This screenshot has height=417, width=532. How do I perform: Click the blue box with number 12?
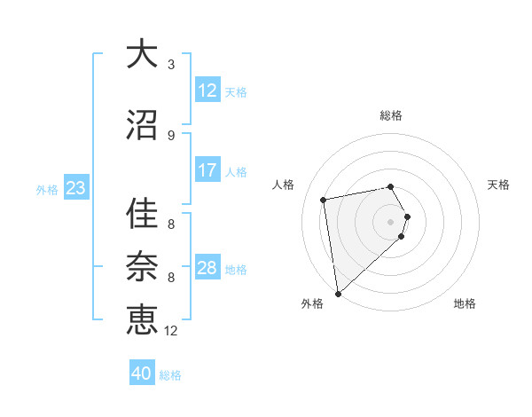(x=207, y=90)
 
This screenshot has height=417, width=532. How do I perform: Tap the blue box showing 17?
(x=207, y=170)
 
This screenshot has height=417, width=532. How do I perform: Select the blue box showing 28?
(x=207, y=268)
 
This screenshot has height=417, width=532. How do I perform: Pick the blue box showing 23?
(x=75, y=188)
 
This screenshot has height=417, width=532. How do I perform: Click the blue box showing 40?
(x=142, y=374)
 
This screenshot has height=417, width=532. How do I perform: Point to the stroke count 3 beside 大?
(x=171, y=65)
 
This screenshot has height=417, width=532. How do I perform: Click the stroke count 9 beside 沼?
(x=171, y=135)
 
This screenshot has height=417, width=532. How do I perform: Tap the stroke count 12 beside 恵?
(x=171, y=330)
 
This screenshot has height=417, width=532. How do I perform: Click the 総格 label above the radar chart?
(x=391, y=115)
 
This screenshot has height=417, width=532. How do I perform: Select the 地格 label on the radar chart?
(x=465, y=303)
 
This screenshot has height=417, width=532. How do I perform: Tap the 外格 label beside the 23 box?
(x=47, y=189)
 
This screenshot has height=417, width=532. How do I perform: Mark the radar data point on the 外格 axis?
(x=338, y=293)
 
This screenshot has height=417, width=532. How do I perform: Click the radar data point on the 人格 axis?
(x=324, y=200)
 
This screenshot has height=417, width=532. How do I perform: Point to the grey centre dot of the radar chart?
(x=391, y=221)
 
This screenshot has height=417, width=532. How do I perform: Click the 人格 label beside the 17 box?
(x=236, y=171)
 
